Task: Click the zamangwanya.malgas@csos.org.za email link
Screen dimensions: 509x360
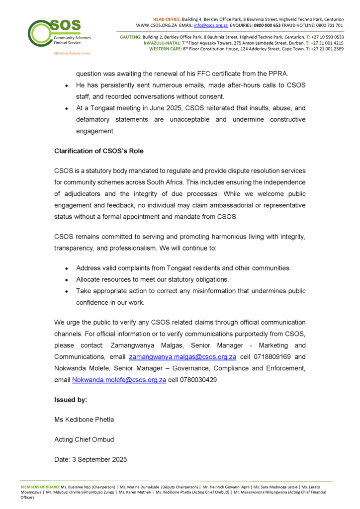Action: pos(182,357)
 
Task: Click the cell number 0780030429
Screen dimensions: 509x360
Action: pos(199,379)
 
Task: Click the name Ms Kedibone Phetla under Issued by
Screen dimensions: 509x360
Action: pos(84,420)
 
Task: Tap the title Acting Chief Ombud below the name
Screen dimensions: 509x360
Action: pos(85,439)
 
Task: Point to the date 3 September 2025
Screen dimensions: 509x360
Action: pos(90,459)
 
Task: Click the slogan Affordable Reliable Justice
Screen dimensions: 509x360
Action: pos(73,53)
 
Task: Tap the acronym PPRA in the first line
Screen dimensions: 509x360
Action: pos(289,74)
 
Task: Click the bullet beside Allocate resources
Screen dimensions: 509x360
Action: pos(67,280)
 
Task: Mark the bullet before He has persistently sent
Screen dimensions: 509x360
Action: pos(67,85)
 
